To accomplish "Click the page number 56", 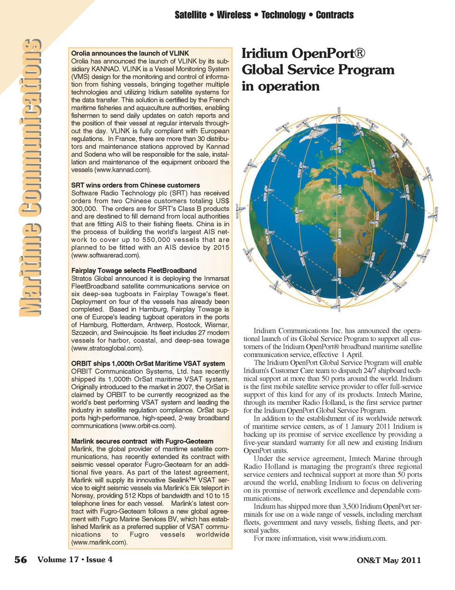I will coord(20,560).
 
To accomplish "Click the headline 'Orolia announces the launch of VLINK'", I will coord(130,54).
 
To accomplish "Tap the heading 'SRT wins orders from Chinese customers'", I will coord(136,185).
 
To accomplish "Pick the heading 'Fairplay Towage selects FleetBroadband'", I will coord(134,270).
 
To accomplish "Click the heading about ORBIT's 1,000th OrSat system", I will coord(148,364).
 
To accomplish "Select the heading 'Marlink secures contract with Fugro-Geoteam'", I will coord(142,441).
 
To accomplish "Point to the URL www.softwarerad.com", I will coord(106,255).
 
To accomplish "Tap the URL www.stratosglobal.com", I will coord(107,348).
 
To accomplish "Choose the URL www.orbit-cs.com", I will coord(147,426).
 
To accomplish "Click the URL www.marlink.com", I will coord(99,542).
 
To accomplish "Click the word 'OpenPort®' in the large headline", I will coord(328,54).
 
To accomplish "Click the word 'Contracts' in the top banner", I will coord(335,15).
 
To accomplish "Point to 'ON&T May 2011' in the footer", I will coord(389,560).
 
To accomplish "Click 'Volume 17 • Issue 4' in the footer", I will coord(75,560).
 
